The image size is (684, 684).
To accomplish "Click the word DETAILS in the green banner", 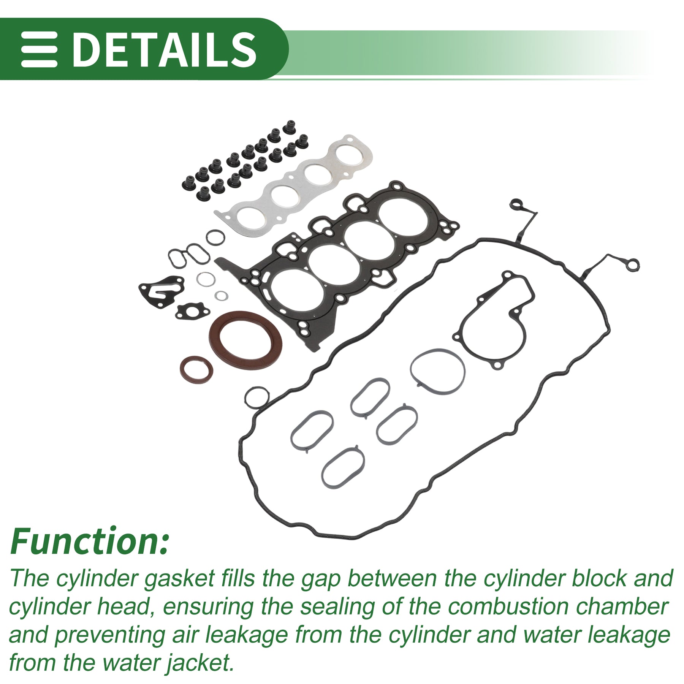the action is [x=164, y=49].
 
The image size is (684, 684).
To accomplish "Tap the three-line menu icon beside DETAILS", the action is [x=39, y=49].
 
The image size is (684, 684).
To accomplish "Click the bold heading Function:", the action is [x=89, y=541].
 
